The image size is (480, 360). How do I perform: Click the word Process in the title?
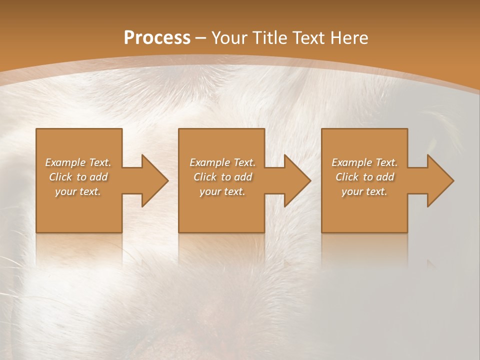[x=157, y=38]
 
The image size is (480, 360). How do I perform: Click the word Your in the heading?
[x=229, y=38]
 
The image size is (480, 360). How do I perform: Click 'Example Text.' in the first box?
[x=78, y=162]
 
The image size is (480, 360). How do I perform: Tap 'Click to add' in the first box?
[x=78, y=177]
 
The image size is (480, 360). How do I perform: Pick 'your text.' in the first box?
[x=78, y=191]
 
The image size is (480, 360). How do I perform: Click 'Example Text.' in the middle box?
[x=222, y=162]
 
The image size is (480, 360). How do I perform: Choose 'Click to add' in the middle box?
[x=222, y=177]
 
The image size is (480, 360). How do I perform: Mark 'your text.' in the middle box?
[x=222, y=191]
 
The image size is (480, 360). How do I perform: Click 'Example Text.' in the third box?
[x=364, y=162]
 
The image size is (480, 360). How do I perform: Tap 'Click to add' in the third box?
[x=364, y=177]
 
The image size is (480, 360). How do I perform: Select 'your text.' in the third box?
[x=364, y=191]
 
